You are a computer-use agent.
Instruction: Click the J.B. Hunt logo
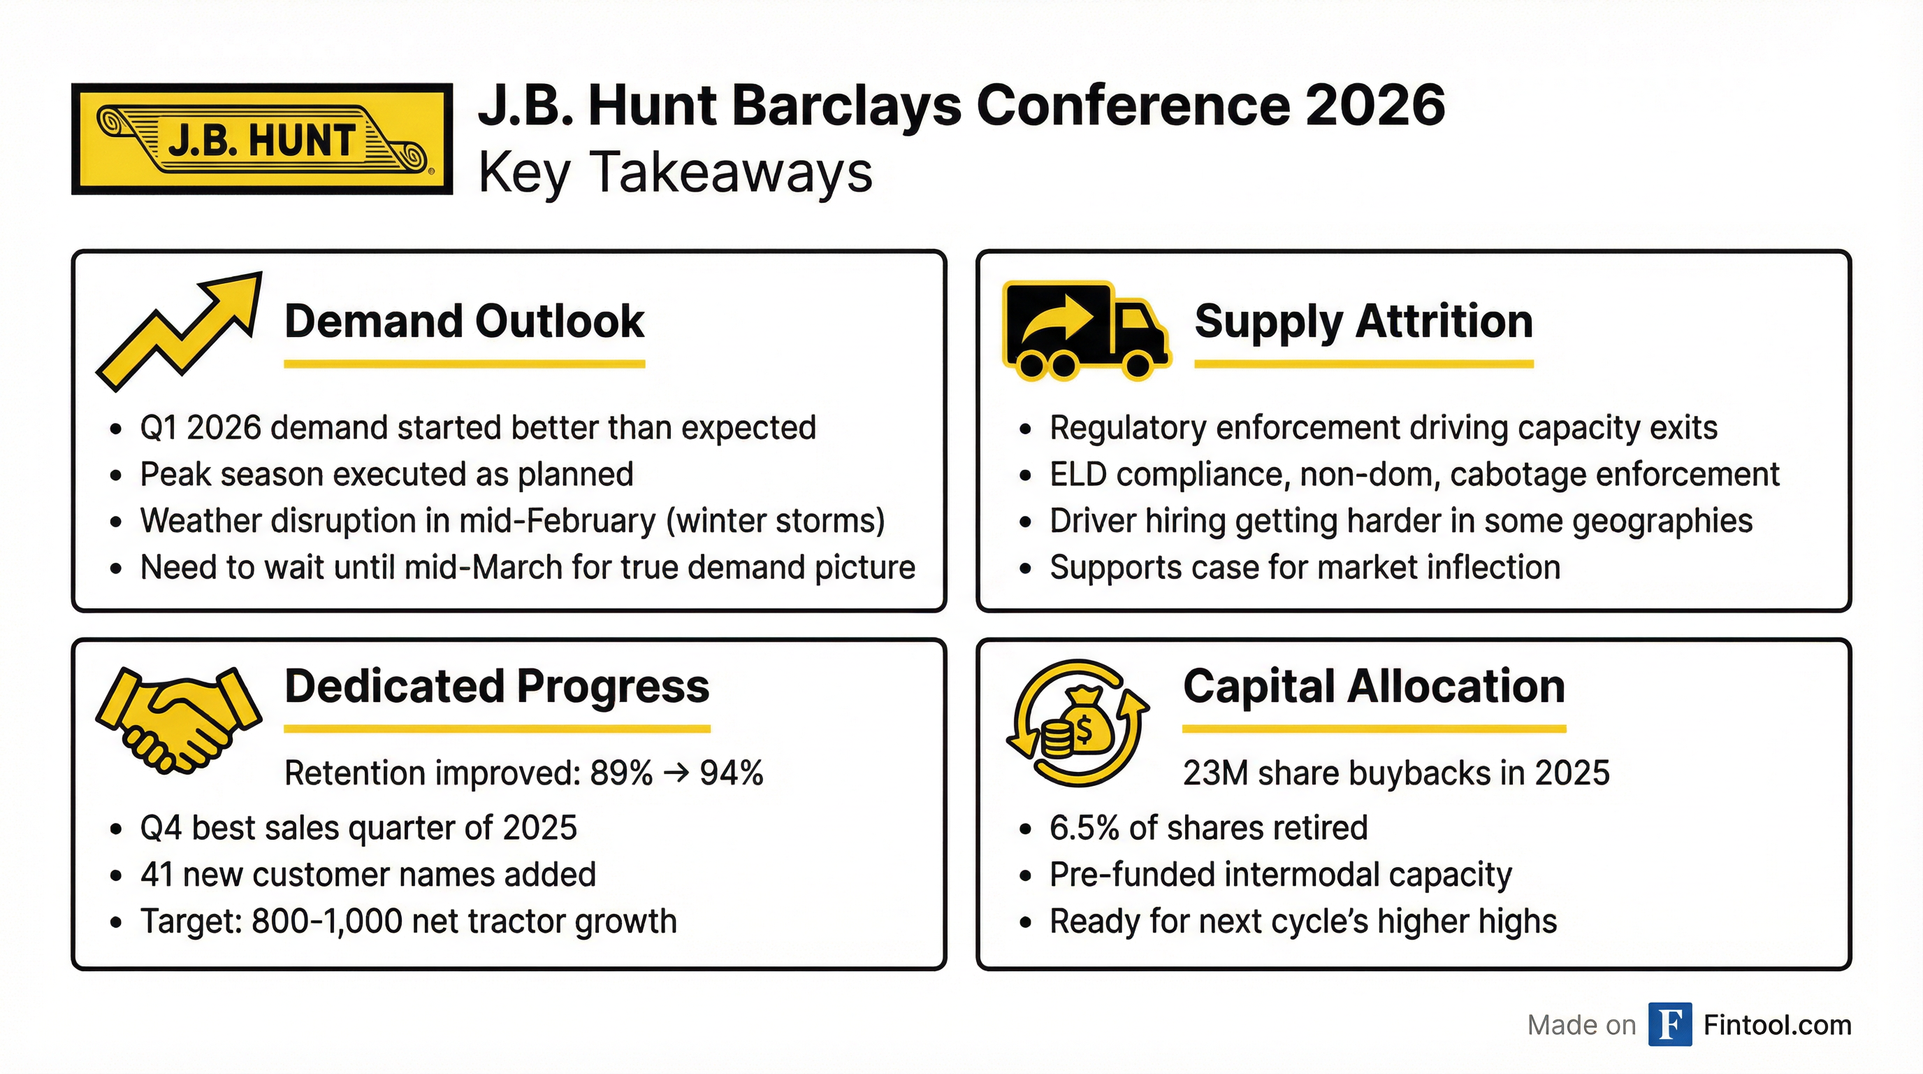pos(262,139)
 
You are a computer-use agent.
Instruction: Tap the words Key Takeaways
pos(675,173)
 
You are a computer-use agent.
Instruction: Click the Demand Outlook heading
pos(463,321)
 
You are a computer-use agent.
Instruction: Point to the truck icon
pos(1084,330)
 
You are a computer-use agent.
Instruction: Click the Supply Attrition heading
pos(1363,321)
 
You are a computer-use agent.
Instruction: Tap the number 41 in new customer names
pos(156,875)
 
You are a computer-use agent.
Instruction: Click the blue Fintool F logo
pos(1669,1025)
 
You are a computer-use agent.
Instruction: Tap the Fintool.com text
pos(1777,1026)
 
